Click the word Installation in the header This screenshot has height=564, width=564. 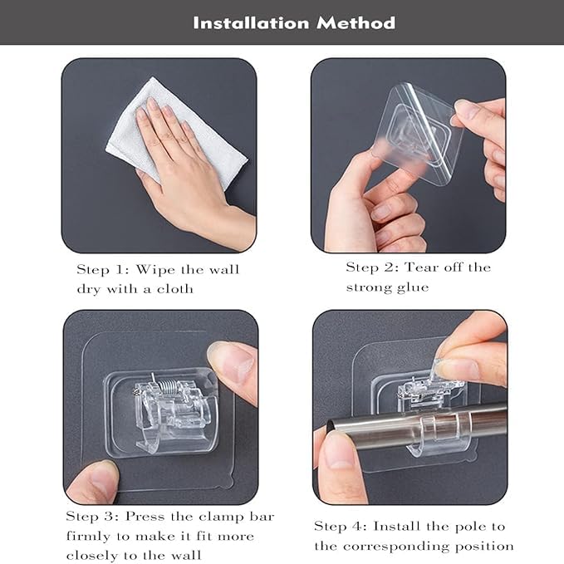click(251, 23)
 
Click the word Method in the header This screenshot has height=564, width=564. click(356, 23)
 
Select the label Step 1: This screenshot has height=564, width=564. click(103, 269)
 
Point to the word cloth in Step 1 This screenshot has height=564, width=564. click(174, 288)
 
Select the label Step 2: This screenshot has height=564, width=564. click(372, 267)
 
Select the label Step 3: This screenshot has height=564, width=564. click(92, 517)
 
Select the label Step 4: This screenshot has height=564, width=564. click(341, 527)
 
